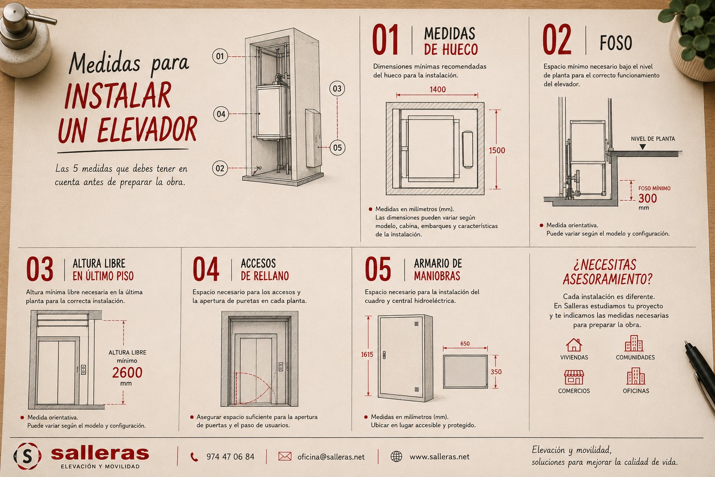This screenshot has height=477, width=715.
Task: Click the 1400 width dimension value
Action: pos(437,89)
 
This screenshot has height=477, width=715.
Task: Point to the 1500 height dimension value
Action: pos(497,150)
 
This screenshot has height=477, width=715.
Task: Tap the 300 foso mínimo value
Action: pos(648,198)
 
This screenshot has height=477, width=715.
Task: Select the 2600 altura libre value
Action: pos(127,373)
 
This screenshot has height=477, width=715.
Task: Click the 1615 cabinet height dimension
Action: pos(367,354)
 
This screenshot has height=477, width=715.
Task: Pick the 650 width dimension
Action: pos(465,343)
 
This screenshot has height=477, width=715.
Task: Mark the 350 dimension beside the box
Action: pos(496,372)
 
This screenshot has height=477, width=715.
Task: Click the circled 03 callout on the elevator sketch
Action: pos(337,89)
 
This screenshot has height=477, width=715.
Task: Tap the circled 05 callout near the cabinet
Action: pos(337,148)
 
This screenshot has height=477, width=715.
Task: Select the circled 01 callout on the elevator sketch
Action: pos(220,56)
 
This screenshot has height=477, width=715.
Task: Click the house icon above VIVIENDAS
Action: pos(574,345)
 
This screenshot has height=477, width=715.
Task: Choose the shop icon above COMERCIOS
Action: pos(574,377)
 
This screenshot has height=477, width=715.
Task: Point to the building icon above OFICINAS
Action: pos(635,376)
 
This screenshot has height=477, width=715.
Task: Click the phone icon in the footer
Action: pos(194,457)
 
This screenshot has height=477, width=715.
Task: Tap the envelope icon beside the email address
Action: pos(285,456)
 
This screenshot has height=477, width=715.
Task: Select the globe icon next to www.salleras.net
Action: pos(397,456)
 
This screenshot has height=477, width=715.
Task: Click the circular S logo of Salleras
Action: pos(27,456)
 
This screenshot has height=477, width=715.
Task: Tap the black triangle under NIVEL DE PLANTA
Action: pos(642,147)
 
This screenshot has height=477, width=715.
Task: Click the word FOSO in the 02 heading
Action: pos(616,43)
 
